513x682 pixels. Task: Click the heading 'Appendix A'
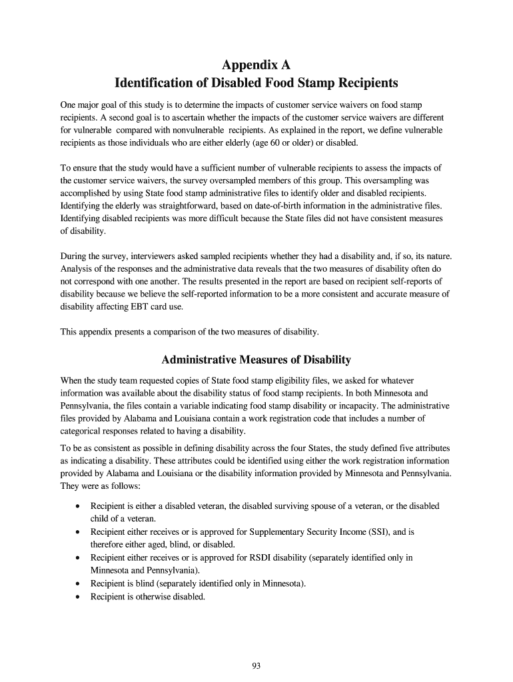tap(256, 65)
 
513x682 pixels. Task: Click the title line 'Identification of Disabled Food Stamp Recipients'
tap(256, 83)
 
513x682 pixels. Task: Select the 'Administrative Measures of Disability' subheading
tap(256, 360)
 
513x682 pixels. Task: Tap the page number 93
tap(256, 664)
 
